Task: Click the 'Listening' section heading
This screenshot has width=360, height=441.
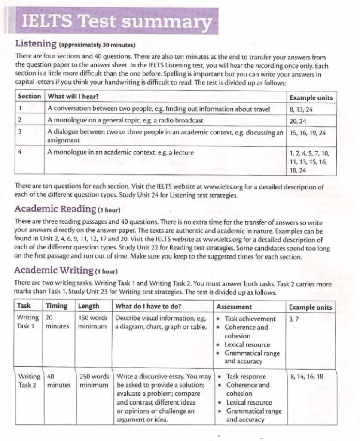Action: click(36, 44)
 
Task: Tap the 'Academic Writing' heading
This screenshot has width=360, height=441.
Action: click(54, 271)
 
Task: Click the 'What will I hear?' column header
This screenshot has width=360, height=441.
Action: click(73, 97)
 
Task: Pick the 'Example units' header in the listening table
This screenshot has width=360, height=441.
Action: click(311, 97)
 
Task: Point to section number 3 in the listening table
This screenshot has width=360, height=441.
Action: click(20, 132)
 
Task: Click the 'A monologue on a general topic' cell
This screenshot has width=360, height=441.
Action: click(125, 121)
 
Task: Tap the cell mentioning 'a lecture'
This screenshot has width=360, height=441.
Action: click(121, 152)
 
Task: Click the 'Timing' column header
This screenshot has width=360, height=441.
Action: click(57, 306)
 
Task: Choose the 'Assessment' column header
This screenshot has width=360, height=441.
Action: click(234, 307)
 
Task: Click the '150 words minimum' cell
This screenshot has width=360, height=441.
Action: click(93, 322)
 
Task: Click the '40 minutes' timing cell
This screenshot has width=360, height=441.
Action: click(59, 380)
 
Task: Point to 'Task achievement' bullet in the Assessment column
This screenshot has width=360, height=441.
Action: click(250, 319)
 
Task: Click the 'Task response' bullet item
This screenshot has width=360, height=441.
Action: click(246, 377)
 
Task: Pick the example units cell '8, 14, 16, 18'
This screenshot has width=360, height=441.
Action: click(307, 377)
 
